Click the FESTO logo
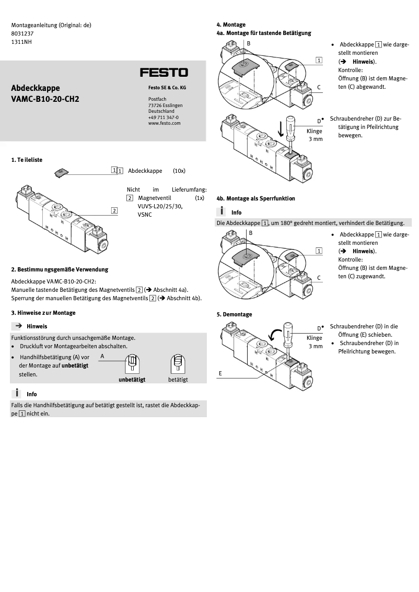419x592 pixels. point(164,73)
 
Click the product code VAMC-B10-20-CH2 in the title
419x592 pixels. point(45,98)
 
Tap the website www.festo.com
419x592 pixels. point(164,123)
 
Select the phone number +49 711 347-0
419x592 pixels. point(163,117)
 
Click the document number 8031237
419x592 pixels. point(22,33)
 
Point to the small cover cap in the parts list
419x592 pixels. point(61,172)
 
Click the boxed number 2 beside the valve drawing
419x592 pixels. point(113,210)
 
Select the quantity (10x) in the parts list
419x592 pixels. point(179,171)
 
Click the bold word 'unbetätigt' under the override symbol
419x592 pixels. point(132,380)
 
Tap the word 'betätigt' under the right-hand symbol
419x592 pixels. point(178,380)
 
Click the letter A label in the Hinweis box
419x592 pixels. point(102,356)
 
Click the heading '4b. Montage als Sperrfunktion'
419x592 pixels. point(255,198)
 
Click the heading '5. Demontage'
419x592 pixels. point(234,314)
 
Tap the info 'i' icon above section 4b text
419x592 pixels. point(222,211)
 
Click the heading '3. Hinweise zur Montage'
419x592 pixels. point(43,313)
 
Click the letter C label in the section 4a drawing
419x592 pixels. point(318,86)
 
